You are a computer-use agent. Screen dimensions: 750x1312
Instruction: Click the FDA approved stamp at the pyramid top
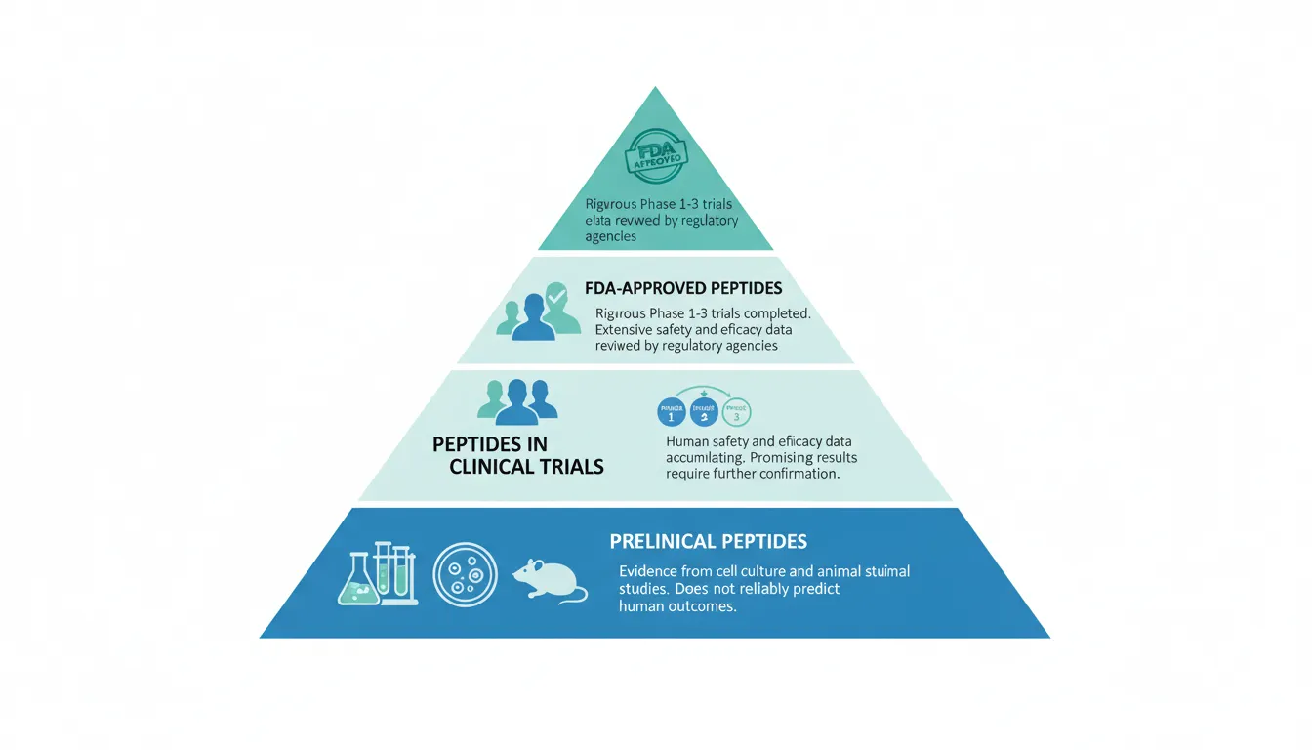pos(655,156)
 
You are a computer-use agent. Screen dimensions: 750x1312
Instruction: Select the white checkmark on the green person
pos(556,293)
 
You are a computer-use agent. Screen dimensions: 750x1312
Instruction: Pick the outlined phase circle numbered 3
pos(737,412)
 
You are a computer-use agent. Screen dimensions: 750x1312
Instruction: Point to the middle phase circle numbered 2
pos(704,412)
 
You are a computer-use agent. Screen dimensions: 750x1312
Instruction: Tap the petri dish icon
pos(466,576)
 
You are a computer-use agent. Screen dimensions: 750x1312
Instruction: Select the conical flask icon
pos(356,580)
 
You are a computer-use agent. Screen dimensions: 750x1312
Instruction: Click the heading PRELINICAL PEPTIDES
pos(709,541)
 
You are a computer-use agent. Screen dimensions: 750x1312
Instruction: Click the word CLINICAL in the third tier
pos(497,467)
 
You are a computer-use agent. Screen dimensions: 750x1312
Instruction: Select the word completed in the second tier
pos(775,314)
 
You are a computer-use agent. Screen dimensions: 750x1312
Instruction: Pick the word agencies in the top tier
pos(611,236)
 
